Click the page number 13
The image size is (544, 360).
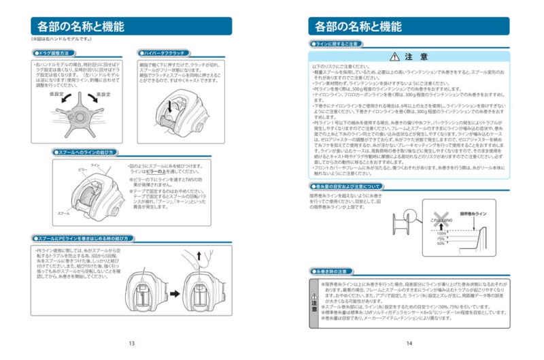click(x=131, y=344)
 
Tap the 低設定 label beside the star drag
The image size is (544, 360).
click(x=56, y=94)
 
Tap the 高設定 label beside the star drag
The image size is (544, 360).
click(x=103, y=94)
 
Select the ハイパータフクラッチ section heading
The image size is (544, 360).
click(x=162, y=52)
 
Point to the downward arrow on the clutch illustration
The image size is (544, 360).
click(x=170, y=105)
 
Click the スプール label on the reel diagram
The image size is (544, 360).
click(x=63, y=213)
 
